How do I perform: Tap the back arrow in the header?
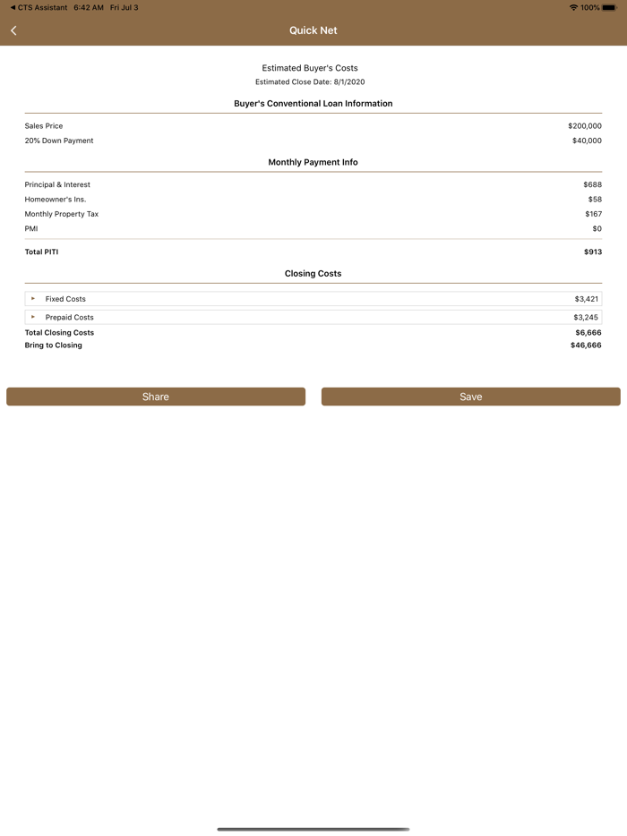click(13, 30)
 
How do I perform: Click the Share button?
click(156, 397)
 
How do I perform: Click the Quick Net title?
click(313, 30)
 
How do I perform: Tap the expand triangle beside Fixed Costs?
click(33, 299)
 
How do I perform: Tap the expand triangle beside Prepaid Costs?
click(33, 317)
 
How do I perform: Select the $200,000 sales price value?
click(584, 126)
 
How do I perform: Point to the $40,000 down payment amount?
click(587, 141)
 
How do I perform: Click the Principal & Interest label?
click(57, 184)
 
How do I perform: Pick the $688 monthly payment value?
click(592, 184)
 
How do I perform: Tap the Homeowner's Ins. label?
click(56, 200)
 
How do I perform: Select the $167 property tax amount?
click(593, 214)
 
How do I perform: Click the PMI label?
click(31, 228)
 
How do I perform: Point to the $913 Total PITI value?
click(592, 252)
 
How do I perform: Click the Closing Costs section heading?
click(313, 273)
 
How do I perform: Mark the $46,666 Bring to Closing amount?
click(585, 345)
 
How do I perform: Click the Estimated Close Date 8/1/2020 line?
click(310, 81)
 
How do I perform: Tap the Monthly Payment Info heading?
click(313, 162)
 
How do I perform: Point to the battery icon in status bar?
click(609, 7)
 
